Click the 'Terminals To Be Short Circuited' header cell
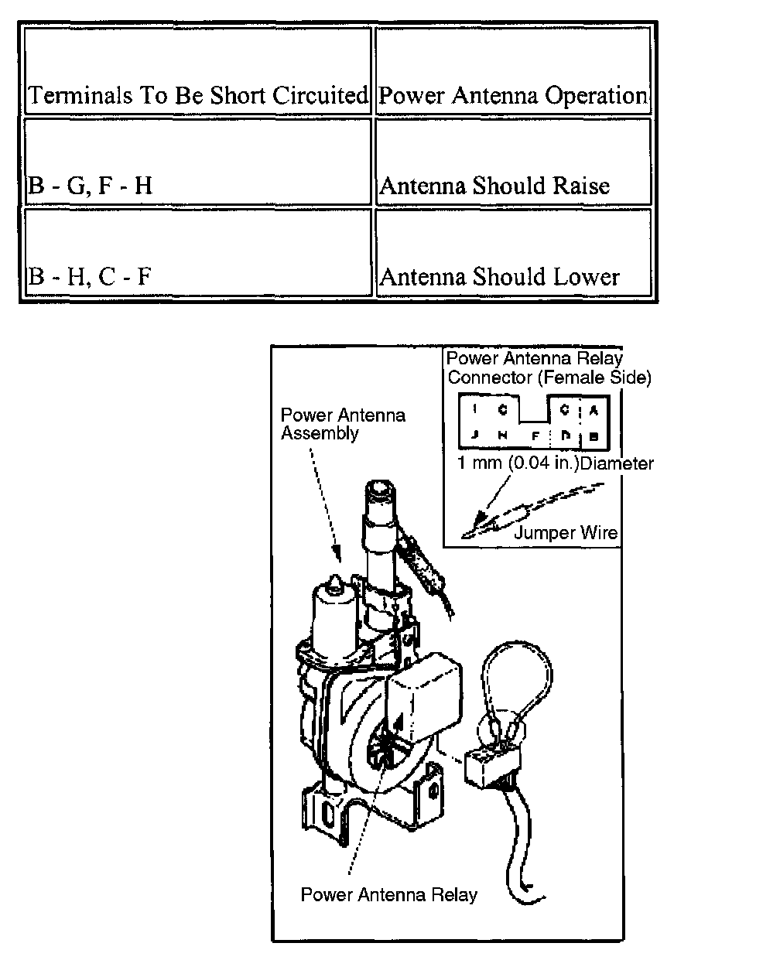coord(197,96)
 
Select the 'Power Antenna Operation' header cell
coord(513,96)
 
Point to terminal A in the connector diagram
coord(594,410)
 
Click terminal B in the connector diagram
coord(594,435)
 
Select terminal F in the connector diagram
coord(535,435)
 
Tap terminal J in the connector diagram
coord(474,435)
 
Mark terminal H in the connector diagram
coord(501,435)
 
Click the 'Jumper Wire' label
coord(566,533)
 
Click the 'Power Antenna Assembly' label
coord(342,424)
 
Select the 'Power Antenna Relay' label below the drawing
coord(388,895)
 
